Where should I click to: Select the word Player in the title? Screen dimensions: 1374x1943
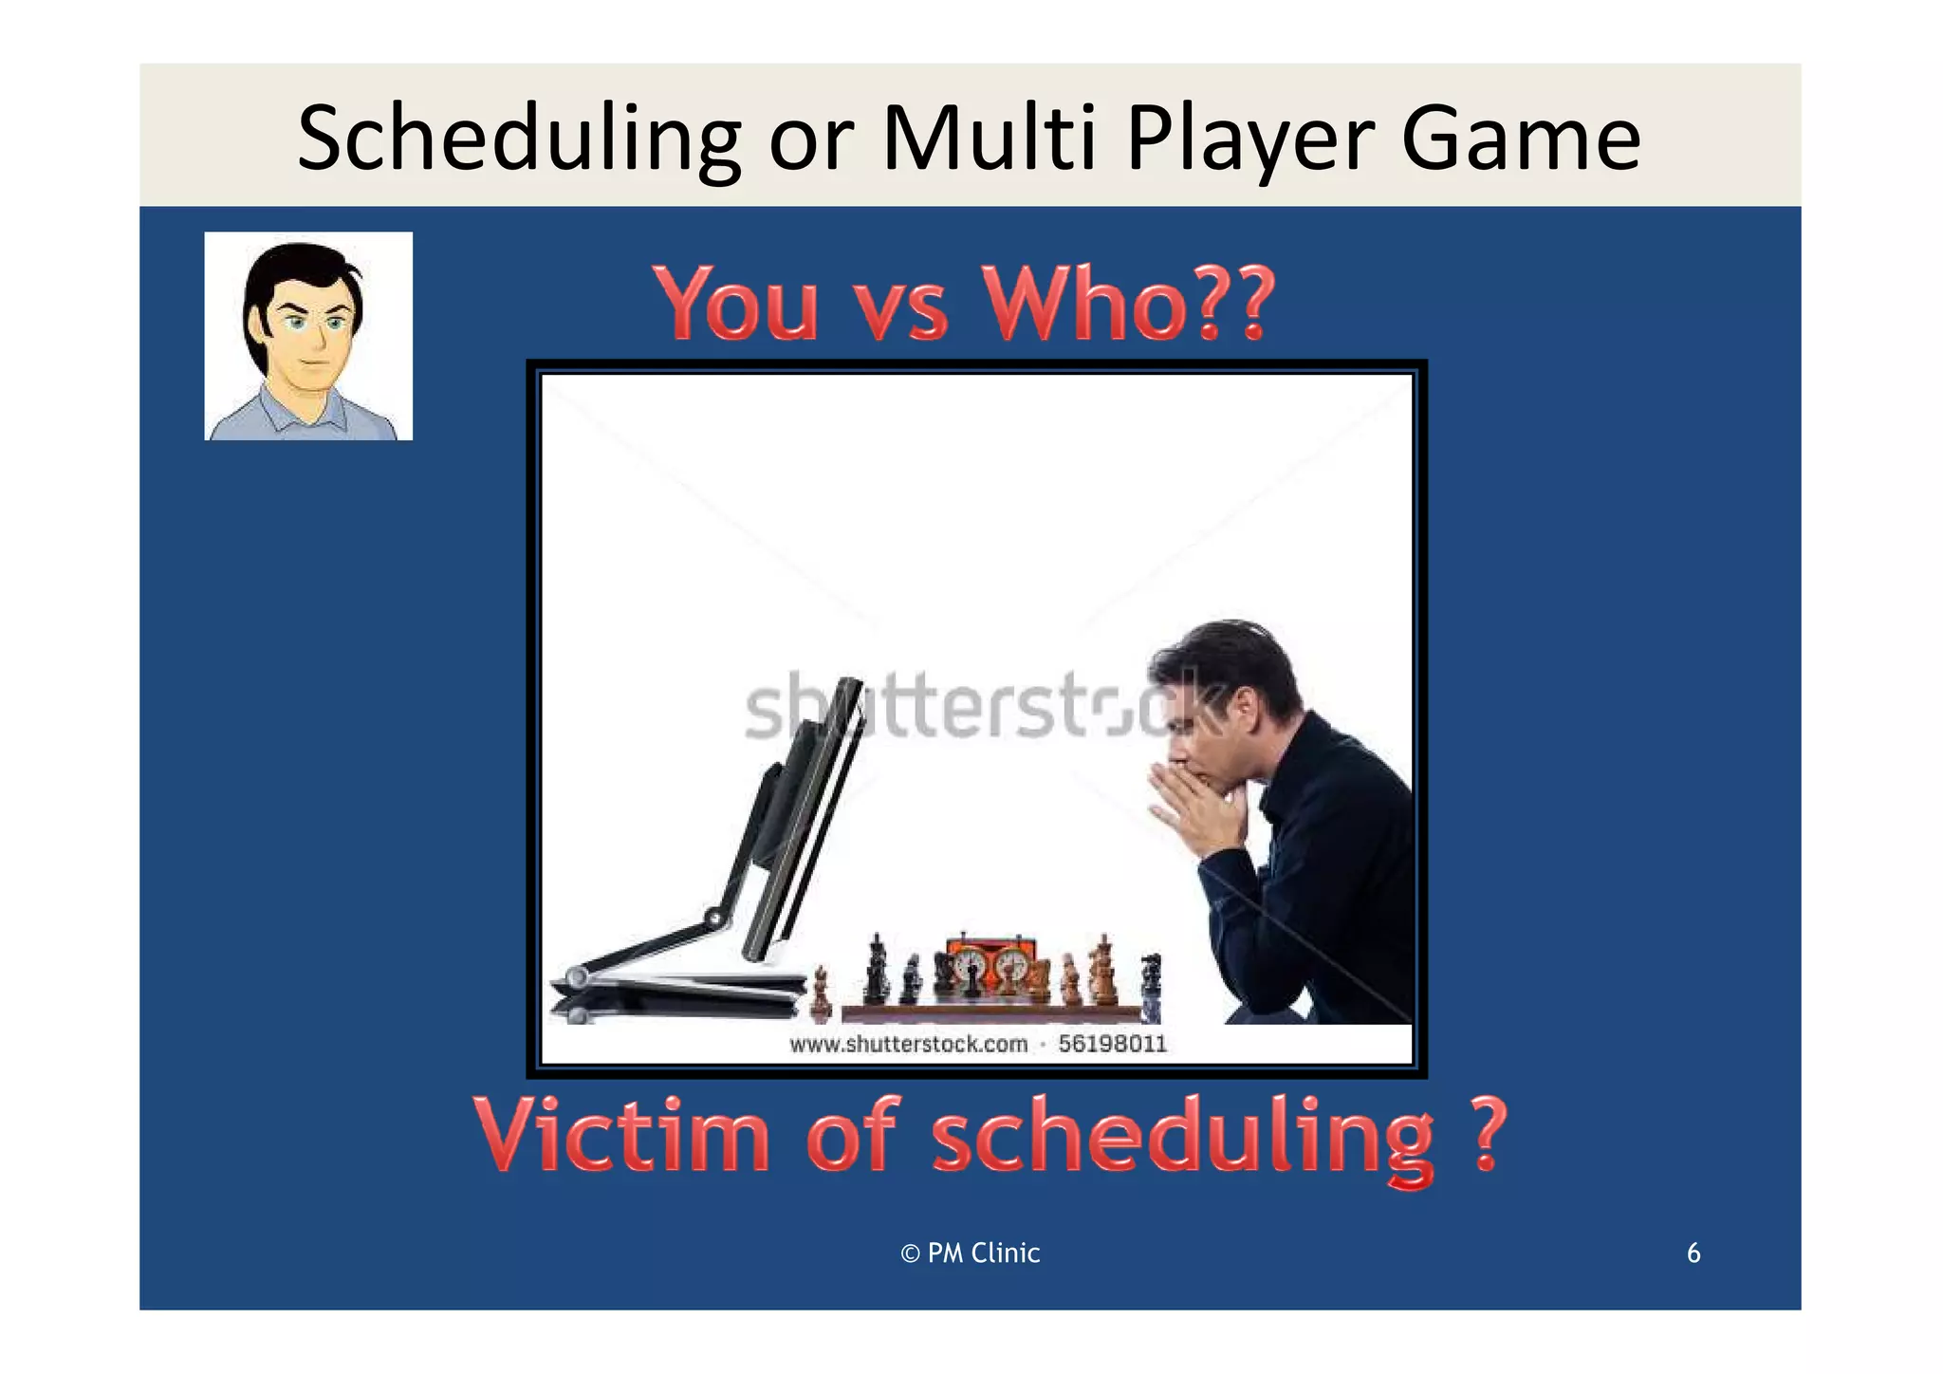pos(1249,139)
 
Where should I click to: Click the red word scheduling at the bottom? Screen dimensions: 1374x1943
pos(1182,1137)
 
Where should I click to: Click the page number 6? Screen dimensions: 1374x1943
pos(1693,1253)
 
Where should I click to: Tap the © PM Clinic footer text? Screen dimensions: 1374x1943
pos(970,1253)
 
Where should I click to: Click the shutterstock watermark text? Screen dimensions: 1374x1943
pos(977,707)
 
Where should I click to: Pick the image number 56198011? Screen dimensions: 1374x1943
pos(1112,1044)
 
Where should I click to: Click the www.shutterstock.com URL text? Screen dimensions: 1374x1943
pos(908,1044)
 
